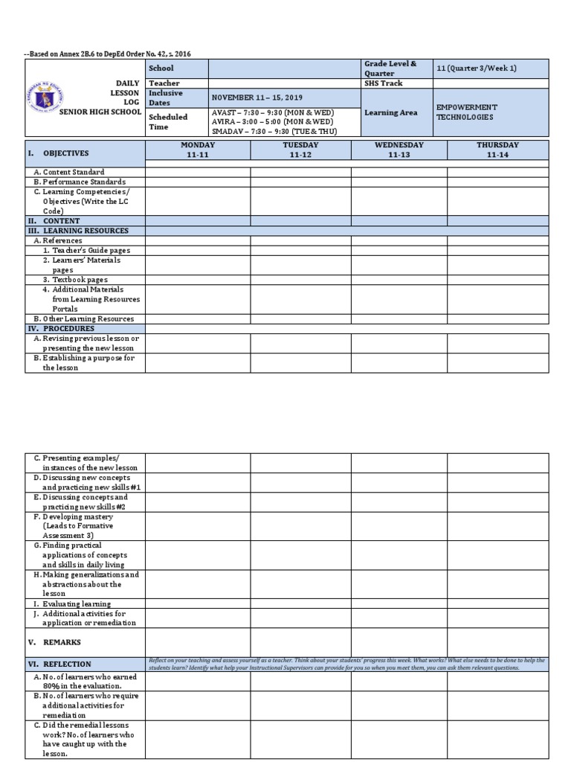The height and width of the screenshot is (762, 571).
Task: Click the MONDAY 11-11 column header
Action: pyautogui.click(x=197, y=150)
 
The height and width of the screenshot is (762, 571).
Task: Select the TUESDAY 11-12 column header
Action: pyautogui.click(x=300, y=150)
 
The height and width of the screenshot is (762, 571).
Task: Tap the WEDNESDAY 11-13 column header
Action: pyautogui.click(x=399, y=150)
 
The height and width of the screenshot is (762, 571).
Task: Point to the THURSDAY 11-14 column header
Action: pyautogui.click(x=497, y=150)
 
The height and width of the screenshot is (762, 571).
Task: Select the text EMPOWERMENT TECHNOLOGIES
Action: pyautogui.click(x=467, y=112)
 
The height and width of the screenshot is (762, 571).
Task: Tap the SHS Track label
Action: pyautogui.click(x=383, y=83)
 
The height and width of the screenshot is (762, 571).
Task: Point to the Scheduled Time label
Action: pyautogui.click(x=168, y=121)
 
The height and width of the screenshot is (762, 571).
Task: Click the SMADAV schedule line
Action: pyautogui.click(x=274, y=131)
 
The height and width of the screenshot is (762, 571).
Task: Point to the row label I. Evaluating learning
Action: pyautogui.click(x=72, y=604)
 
